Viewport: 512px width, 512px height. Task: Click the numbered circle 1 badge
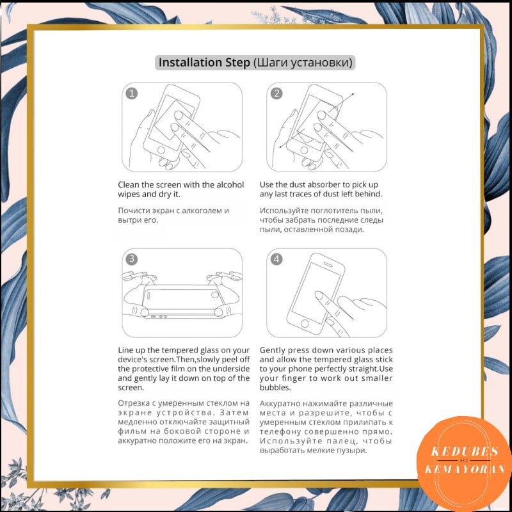pos(132,93)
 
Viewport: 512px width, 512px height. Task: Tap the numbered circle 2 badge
pos(276,93)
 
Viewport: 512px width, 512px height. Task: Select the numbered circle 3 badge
pos(132,259)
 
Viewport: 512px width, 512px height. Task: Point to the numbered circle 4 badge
pos(276,259)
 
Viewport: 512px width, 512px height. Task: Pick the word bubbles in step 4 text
pos(275,388)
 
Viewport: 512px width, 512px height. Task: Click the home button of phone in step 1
pos(161,150)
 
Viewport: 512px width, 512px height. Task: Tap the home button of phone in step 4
pos(305,324)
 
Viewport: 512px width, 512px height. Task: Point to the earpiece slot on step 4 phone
pos(328,264)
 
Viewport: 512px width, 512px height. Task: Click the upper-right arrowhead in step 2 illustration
pos(353,94)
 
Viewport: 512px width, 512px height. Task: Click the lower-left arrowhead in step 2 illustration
pos(280,147)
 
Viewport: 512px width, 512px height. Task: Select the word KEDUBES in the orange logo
pos(465,451)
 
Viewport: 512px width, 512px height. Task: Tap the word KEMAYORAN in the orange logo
pos(465,469)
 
